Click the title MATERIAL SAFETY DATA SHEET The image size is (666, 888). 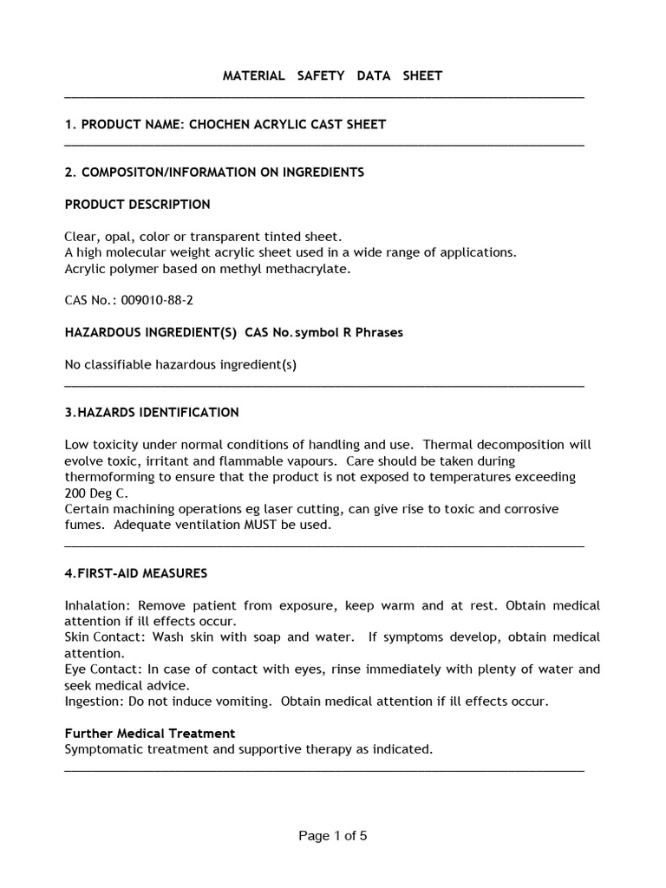point(332,75)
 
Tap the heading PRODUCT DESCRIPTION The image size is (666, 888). point(137,205)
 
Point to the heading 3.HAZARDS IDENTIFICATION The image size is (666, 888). point(152,412)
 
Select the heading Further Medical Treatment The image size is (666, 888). point(149,733)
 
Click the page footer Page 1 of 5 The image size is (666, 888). point(333,836)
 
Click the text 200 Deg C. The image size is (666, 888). point(96,493)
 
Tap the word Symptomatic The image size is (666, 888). point(102,749)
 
